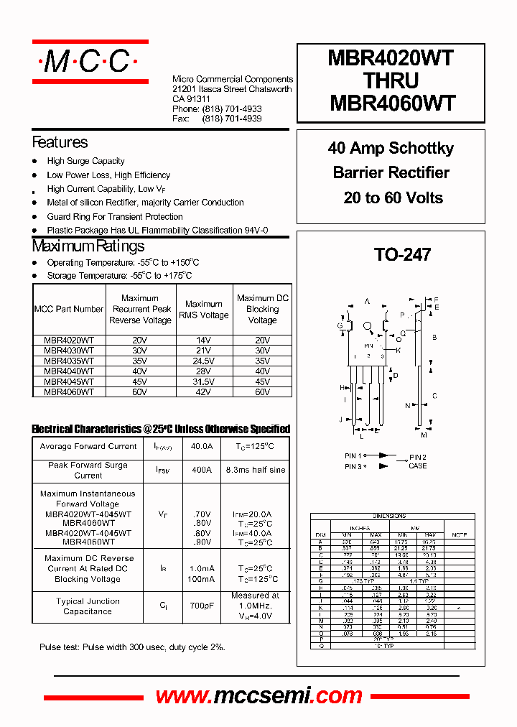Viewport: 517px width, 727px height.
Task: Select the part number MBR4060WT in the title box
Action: point(392,103)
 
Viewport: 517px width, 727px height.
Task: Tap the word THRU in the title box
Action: point(392,80)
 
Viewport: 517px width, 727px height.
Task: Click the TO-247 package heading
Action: point(402,254)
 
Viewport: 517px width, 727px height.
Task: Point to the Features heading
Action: point(60,142)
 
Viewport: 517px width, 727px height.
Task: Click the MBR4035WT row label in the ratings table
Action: point(69,361)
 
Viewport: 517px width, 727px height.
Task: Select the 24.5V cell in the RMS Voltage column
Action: point(203,361)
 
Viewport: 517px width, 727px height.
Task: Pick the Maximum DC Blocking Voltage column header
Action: point(262,309)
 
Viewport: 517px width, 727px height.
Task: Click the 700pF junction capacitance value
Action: point(202,606)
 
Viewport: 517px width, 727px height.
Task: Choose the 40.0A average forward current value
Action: point(202,446)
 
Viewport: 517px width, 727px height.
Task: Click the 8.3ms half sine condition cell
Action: point(255,470)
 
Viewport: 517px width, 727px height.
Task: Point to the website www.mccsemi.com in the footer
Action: point(259,695)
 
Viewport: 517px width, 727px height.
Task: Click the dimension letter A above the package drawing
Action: point(367,302)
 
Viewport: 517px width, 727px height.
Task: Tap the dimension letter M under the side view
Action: point(424,435)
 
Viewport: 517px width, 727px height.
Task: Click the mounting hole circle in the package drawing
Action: point(368,327)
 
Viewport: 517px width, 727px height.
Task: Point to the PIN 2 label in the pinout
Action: point(417,457)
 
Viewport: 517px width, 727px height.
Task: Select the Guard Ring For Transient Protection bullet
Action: point(115,216)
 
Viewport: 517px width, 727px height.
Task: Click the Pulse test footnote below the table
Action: point(132,647)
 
